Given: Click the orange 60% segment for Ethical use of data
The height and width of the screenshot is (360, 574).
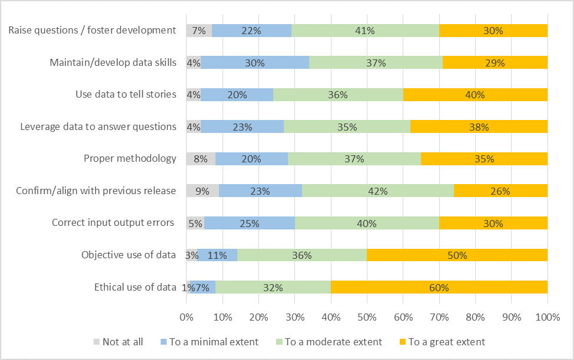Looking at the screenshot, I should point(439,288).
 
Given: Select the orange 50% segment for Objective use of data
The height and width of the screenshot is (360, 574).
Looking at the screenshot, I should point(457,255).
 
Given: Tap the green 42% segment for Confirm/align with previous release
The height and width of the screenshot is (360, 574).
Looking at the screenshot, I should point(378,191).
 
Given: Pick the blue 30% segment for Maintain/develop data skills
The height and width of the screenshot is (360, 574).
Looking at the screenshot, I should point(255,63).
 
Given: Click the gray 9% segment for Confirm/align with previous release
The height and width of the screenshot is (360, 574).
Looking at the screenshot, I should point(203,191).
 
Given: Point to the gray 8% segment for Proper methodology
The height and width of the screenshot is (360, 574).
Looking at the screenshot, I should point(201,159).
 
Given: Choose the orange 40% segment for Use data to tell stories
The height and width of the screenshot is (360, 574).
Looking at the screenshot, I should point(475,95).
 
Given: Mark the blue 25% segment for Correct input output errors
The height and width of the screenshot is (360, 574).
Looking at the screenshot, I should point(249,224).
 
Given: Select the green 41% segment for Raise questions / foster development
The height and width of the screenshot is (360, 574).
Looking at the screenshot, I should point(365,31).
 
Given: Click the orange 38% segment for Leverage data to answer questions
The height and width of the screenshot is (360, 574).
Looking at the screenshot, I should point(479,127).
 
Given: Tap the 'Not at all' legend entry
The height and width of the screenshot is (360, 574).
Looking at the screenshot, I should point(118,342).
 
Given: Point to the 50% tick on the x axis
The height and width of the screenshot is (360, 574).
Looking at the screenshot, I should point(367,318).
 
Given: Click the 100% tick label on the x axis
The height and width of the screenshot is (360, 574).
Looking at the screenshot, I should point(547,318).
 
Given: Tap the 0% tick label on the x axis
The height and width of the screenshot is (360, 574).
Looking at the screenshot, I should point(187,318).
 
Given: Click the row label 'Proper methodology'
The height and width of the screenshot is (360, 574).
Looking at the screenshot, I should point(130,159).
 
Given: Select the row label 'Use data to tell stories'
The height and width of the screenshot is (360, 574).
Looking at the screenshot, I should point(126,95).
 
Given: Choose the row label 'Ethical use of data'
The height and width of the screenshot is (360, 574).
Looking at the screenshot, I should point(135,288).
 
